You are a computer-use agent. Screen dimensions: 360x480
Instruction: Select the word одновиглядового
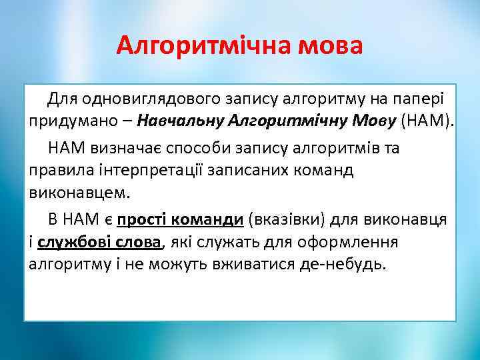139,99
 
